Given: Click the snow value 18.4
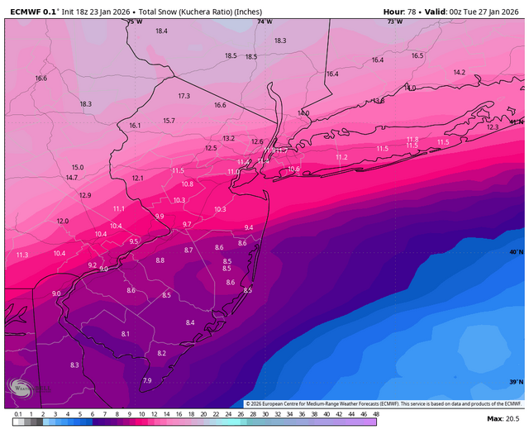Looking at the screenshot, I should (x=161, y=31).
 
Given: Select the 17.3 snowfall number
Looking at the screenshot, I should (x=183, y=96).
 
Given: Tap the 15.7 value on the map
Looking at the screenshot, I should (x=169, y=121).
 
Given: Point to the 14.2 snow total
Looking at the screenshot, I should (x=459, y=72).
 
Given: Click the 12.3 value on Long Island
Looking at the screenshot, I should (x=493, y=127).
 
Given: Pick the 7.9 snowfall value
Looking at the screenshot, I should (x=147, y=380).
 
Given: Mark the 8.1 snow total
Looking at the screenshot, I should (x=126, y=333).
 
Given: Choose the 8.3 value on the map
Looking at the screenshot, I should (x=74, y=365).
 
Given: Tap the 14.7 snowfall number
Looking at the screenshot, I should (x=72, y=178).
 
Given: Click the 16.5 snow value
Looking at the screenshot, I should (x=417, y=55).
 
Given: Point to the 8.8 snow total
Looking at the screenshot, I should (x=160, y=260).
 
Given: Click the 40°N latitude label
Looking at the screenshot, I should (x=516, y=251).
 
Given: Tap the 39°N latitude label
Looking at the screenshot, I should (x=516, y=381).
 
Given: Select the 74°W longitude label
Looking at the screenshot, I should (x=264, y=21).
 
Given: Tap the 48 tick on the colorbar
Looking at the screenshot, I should (x=376, y=413).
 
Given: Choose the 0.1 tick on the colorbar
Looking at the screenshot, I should (x=17, y=413).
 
